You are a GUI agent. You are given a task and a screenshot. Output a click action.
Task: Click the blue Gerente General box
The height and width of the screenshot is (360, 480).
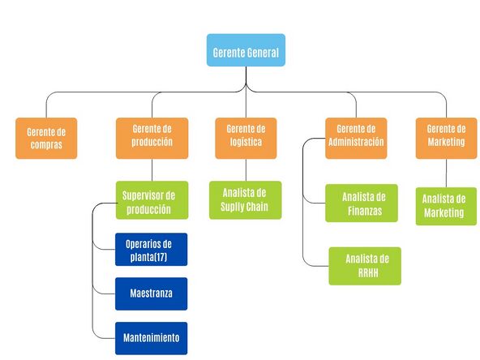click(246, 50)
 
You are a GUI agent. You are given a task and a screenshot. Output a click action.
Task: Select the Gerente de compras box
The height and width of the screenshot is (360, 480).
click(46, 139)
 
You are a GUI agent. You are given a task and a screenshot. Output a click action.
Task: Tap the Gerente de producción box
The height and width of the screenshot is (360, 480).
click(152, 139)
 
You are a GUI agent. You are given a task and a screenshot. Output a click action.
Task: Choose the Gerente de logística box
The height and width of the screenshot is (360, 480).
click(246, 139)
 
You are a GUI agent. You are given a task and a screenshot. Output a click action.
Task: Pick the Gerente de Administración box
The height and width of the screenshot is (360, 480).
click(356, 139)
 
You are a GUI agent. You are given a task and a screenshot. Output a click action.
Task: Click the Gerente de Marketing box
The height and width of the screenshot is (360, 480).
click(446, 139)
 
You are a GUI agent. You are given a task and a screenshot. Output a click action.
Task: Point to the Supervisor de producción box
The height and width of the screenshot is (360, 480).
click(152, 200)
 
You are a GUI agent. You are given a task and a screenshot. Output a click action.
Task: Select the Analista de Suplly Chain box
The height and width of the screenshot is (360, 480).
click(245, 200)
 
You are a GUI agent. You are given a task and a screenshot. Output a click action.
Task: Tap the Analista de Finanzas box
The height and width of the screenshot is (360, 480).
click(362, 203)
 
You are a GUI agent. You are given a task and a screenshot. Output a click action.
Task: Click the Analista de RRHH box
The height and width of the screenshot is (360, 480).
click(365, 266)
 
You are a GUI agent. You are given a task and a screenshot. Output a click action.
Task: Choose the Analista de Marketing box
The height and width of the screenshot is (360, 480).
click(446, 206)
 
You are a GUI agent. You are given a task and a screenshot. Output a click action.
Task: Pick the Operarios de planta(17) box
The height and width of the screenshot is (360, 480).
click(152, 250)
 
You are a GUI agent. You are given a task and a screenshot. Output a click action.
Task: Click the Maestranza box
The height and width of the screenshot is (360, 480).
click(152, 294)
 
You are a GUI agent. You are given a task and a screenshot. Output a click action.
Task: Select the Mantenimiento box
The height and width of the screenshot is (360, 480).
click(152, 338)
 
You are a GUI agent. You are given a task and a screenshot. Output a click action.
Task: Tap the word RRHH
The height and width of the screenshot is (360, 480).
click(368, 272)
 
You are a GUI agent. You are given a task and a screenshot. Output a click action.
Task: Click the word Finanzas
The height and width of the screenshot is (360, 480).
click(365, 211)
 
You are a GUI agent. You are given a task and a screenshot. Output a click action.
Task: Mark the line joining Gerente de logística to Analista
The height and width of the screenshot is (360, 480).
click(246, 170)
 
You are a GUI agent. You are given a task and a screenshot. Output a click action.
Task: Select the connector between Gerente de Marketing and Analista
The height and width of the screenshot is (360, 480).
click(446, 173)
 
